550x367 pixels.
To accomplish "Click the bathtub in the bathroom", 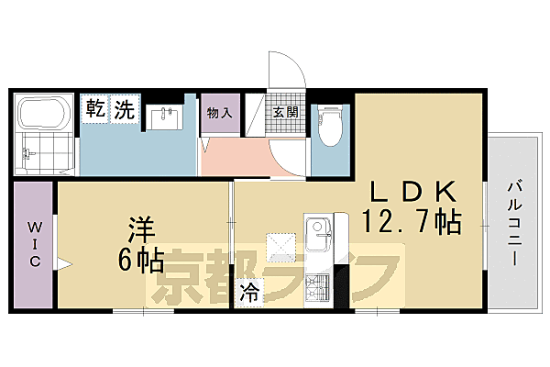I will coord(45,117).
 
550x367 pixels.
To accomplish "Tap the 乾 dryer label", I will coord(95,110).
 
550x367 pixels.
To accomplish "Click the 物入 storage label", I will coord(218,113).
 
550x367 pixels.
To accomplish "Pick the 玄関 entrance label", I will coord(283,113).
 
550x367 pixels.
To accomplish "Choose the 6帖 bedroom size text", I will coord(140,261).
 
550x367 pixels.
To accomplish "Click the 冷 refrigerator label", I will coord(248,294).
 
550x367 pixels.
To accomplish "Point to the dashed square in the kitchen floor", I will coord(280,246).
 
